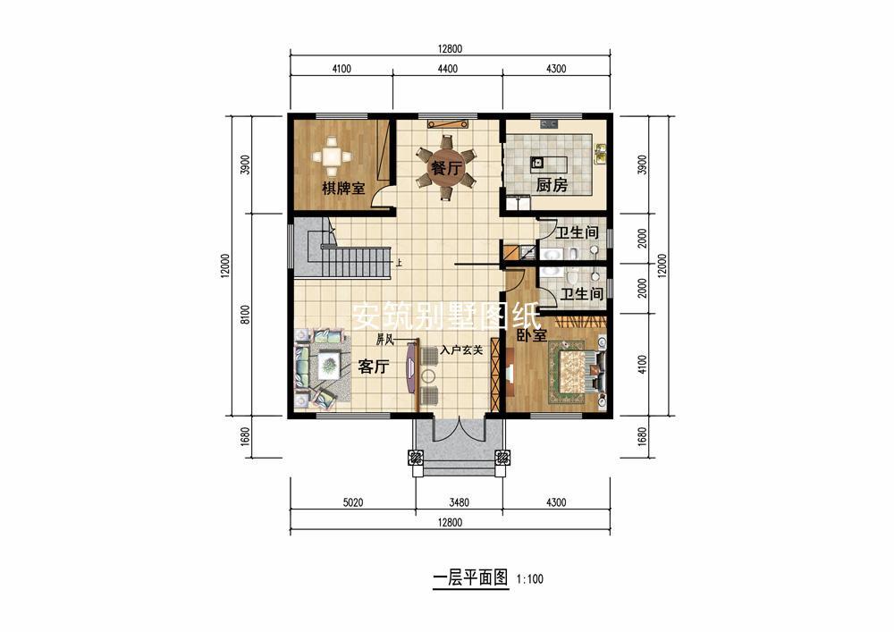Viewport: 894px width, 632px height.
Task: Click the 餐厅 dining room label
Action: click(x=445, y=169)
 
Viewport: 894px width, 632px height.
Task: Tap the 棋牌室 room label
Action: click(x=343, y=188)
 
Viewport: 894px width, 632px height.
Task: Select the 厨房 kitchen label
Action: click(x=552, y=185)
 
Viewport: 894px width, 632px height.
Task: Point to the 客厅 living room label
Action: click(x=374, y=367)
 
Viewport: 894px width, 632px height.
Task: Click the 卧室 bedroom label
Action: click(x=532, y=335)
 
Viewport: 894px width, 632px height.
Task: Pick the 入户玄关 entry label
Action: click(x=462, y=350)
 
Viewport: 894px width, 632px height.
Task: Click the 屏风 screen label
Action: click(x=384, y=341)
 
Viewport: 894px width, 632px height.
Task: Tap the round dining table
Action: click(x=445, y=169)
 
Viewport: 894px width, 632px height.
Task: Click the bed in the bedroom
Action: click(x=577, y=370)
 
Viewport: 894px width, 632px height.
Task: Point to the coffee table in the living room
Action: click(x=329, y=365)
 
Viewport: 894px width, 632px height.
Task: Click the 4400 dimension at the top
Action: click(x=448, y=69)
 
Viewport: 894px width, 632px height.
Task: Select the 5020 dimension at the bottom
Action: click(x=353, y=502)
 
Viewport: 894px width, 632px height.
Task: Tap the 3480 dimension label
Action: click(x=459, y=502)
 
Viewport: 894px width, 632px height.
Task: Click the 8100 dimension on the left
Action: click(x=245, y=315)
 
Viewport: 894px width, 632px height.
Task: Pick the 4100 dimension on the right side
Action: click(x=643, y=364)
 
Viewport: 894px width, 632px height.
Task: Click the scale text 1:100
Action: click(x=529, y=579)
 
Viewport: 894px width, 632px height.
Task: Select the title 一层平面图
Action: click(x=470, y=578)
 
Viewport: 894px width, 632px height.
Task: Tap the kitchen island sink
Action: click(x=536, y=163)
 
